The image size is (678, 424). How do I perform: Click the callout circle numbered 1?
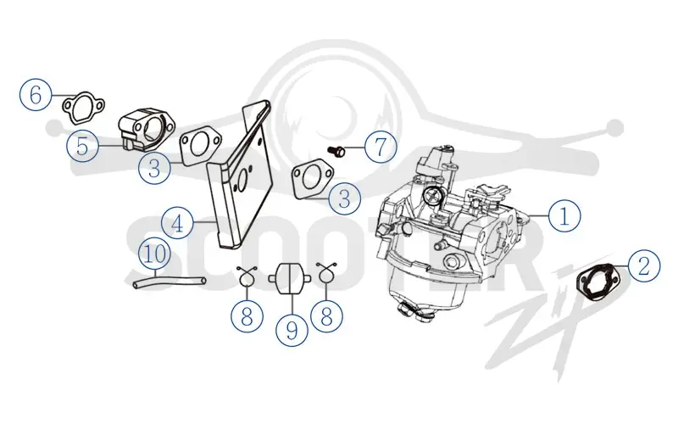(564, 215)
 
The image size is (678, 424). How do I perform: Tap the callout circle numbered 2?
(644, 265)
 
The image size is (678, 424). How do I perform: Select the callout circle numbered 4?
(177, 223)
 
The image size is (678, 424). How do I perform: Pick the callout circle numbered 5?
(82, 146)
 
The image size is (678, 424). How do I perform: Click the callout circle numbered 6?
(36, 94)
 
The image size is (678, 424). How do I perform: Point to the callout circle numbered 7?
(381, 147)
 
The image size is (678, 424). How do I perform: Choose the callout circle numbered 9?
(292, 330)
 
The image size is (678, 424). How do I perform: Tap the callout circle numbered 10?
(154, 253)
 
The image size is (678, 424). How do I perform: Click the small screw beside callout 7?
(337, 151)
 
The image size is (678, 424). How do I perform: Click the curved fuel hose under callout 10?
(169, 282)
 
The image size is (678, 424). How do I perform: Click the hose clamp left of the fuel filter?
(247, 277)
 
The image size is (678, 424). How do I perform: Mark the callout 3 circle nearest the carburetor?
(345, 198)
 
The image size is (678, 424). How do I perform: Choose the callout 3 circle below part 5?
(154, 167)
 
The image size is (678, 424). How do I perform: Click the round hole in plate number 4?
(242, 177)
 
